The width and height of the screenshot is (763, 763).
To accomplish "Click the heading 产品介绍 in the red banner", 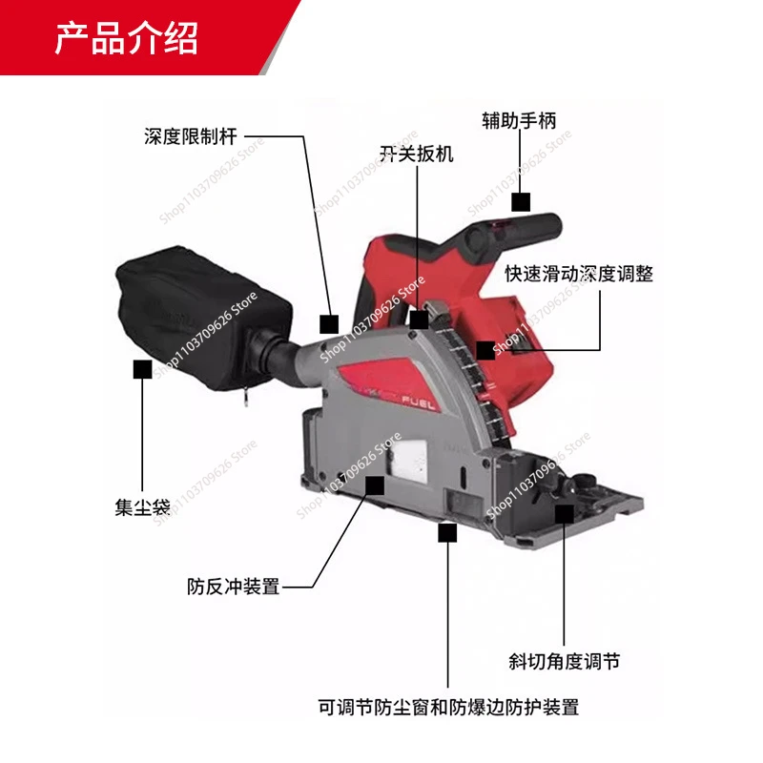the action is (125, 38).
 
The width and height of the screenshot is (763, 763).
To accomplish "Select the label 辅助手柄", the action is (519, 120).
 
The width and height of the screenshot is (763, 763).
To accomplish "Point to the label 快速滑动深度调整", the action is (579, 274).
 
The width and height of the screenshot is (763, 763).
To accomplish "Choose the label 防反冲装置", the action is (234, 587).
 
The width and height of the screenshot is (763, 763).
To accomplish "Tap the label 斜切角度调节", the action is (564, 661).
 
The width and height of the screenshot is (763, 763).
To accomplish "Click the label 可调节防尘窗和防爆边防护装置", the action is (448, 708).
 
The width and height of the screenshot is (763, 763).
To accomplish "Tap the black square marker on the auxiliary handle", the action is (520, 202).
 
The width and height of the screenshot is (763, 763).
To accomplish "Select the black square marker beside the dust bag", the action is (143, 369).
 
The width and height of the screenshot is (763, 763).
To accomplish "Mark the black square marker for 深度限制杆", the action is (329, 323).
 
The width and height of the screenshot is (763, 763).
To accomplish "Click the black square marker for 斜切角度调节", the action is (564, 514).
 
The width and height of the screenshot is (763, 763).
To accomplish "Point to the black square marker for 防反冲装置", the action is (375, 486).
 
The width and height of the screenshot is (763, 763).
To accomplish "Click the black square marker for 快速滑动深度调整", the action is (485, 350).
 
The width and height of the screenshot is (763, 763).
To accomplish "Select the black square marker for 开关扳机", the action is (418, 320).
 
